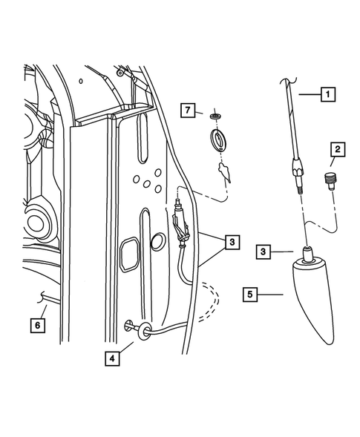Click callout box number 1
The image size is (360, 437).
(x=326, y=94)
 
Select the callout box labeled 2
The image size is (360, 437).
(x=336, y=151)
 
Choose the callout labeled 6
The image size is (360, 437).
(x=36, y=324)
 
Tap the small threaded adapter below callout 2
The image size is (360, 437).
(x=330, y=180)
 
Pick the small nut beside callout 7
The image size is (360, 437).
(x=215, y=116)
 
